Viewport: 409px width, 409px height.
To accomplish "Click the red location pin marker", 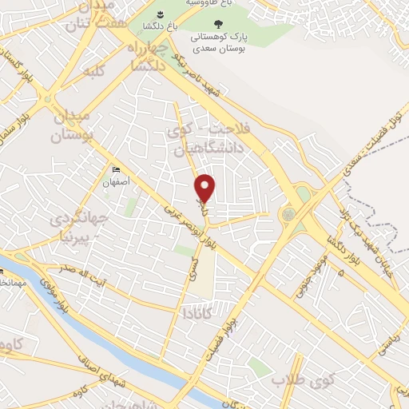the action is (x=205, y=188).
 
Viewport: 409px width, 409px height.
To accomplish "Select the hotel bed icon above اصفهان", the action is (x=117, y=169).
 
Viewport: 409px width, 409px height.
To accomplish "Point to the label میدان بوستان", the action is (x=73, y=127).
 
